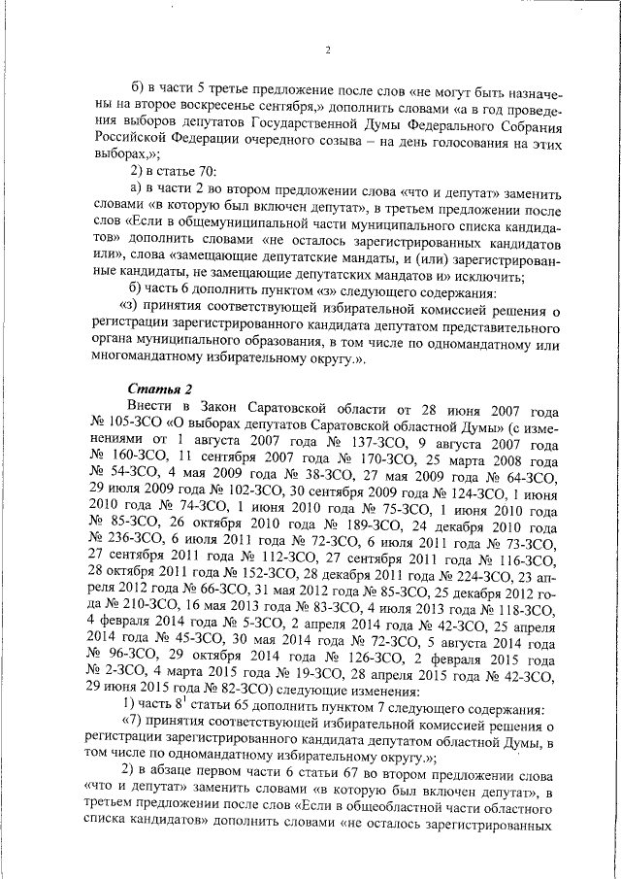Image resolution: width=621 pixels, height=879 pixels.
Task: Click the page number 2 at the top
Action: pos(327,51)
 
